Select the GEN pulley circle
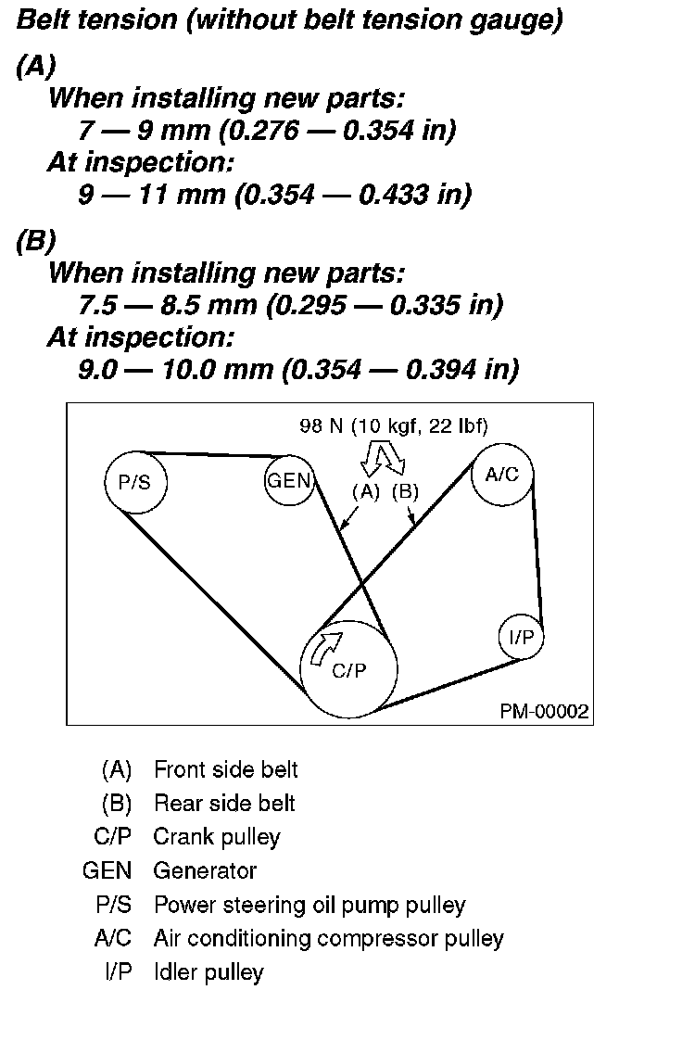pos(289,480)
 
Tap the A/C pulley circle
pos(502,475)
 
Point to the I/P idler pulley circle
pos(520,637)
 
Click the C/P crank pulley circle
pos(349,669)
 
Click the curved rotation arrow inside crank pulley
pos(327,647)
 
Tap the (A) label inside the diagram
pos(366,492)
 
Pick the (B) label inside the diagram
pos(405,492)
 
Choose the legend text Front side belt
pos(225,769)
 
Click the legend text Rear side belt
pos(224,803)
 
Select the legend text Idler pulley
pos(208,972)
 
